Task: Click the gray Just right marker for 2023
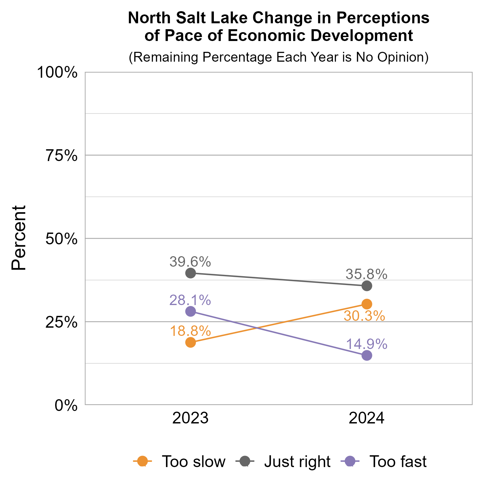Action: point(191,273)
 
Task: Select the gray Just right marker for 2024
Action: point(367,286)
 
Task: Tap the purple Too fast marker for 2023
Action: point(191,311)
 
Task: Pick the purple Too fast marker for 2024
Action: point(367,355)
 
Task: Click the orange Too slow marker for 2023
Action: point(191,342)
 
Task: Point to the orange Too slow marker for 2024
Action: point(367,304)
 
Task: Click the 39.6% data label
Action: point(190,262)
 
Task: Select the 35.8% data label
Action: point(366,274)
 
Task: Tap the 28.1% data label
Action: point(190,300)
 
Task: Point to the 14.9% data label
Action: point(366,344)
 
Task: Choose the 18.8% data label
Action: point(190,331)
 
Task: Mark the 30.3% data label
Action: point(364,316)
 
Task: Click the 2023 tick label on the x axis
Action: point(191,419)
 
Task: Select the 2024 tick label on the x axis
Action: point(367,419)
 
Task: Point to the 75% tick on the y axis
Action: point(62,155)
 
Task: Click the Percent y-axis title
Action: point(19,238)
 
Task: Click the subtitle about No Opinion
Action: point(278,57)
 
